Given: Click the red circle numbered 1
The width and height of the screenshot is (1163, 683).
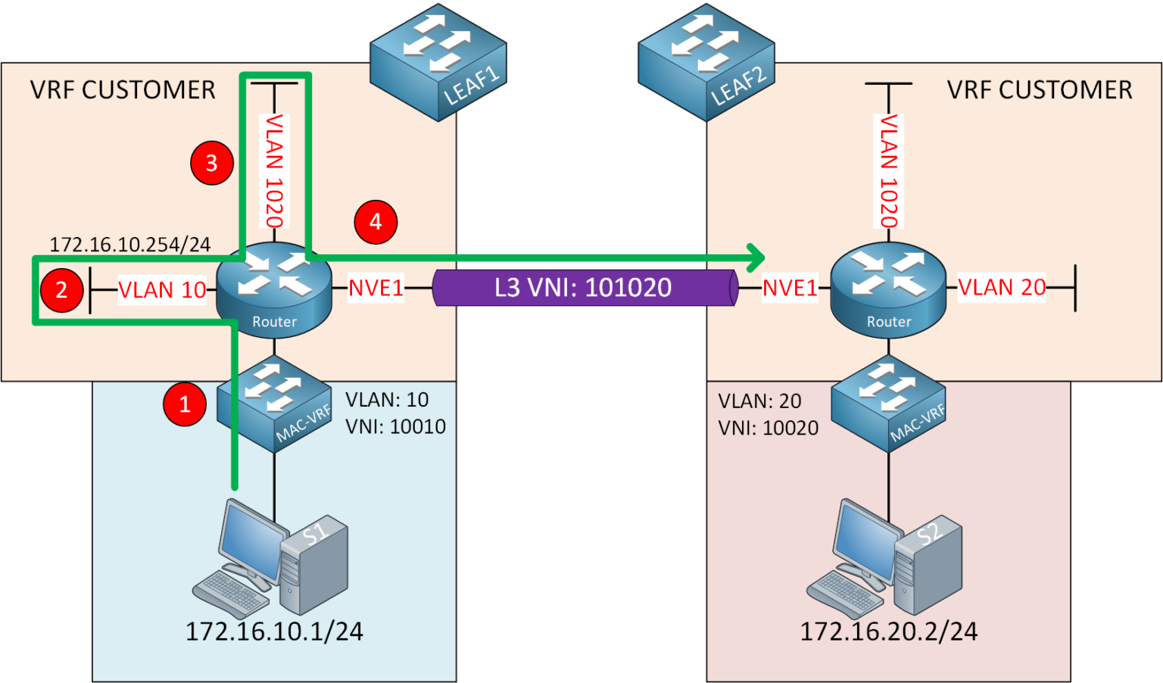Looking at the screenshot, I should click(185, 404).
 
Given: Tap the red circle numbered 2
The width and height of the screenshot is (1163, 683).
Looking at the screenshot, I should click(61, 289).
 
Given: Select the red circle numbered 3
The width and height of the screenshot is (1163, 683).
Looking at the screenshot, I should click(211, 163).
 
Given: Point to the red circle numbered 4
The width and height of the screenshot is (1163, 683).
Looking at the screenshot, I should click(376, 222).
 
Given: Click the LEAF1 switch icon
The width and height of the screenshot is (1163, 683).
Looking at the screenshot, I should click(438, 62).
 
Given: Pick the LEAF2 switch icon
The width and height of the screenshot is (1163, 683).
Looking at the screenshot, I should click(706, 62).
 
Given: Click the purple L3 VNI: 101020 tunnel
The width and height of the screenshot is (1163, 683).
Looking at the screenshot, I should click(583, 288).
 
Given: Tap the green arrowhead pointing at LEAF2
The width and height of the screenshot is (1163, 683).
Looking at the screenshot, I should click(755, 257).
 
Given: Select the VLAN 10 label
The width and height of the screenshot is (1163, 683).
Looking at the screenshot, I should click(161, 290).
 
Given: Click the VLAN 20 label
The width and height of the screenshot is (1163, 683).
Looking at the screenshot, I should click(1001, 288).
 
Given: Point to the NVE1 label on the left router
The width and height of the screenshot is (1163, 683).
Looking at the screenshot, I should click(376, 288).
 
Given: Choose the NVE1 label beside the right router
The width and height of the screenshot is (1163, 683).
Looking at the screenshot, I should click(789, 288).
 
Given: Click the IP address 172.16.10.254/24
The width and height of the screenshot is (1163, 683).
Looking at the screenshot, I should click(129, 245).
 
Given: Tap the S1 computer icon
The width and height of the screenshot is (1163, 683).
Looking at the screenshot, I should click(273, 559).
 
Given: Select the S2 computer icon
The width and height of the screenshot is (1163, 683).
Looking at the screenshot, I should click(886, 559).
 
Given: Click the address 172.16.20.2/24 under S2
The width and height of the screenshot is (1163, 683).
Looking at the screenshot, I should click(888, 632).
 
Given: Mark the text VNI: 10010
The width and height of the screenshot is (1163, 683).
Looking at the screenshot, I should click(395, 427).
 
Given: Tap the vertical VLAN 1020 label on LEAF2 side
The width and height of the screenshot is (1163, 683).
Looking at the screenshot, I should click(888, 170).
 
